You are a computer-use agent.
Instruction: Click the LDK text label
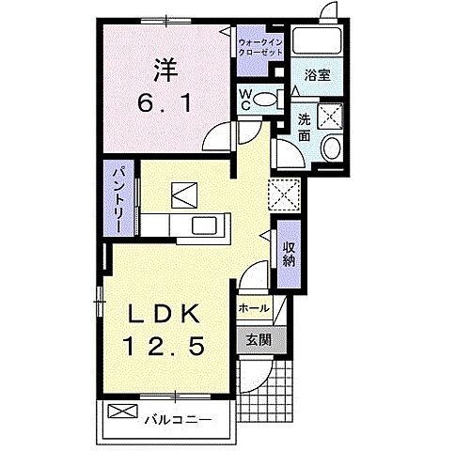[x=166, y=314]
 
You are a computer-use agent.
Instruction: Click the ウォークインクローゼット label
[x=260, y=46]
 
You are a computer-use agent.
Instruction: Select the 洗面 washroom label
[x=305, y=127]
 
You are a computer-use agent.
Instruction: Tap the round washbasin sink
[x=330, y=148]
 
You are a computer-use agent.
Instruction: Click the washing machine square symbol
[x=330, y=117]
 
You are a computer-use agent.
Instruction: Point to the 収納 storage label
[x=289, y=252]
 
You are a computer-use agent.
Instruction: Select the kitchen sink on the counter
[x=204, y=225]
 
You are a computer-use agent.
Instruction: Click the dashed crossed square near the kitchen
[x=282, y=194]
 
